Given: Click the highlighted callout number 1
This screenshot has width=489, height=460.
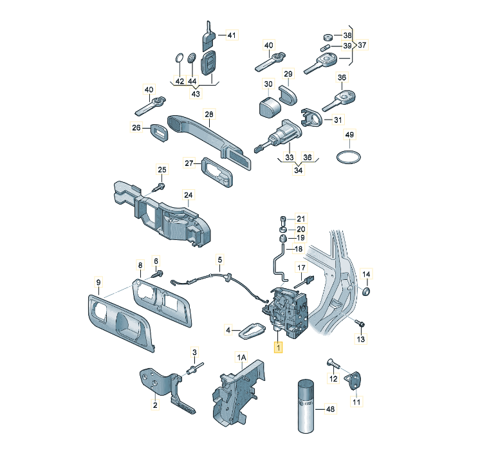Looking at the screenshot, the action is click(x=278, y=347).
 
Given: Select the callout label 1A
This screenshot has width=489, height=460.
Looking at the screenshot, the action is click(x=242, y=357).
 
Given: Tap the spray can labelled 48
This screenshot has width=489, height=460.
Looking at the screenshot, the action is click(x=306, y=406).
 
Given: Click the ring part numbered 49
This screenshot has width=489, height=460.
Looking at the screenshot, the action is click(x=349, y=157).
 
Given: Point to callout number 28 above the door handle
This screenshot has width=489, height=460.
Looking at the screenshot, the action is click(x=209, y=115).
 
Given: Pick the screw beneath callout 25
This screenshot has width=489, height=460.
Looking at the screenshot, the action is click(x=159, y=188).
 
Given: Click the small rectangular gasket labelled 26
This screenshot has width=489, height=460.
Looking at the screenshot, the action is click(x=160, y=133).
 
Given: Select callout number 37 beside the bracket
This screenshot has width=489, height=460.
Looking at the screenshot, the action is click(x=362, y=45).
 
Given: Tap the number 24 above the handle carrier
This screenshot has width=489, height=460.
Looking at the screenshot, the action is click(x=189, y=195).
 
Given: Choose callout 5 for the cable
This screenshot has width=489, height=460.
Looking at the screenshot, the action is click(x=220, y=259).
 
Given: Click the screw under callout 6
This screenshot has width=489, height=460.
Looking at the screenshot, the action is click(x=158, y=274).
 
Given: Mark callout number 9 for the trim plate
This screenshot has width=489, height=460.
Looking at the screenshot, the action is click(x=98, y=282).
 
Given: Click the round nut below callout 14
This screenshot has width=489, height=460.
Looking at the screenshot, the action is click(x=366, y=291).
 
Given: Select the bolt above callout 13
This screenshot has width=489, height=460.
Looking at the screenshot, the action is click(x=360, y=323).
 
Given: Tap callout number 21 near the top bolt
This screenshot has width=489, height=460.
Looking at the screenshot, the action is click(x=300, y=219).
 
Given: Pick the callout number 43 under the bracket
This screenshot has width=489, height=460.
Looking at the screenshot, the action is click(x=196, y=93).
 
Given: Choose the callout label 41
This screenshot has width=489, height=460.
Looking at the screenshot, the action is click(x=232, y=35).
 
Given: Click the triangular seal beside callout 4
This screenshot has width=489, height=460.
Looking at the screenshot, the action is click(x=252, y=331).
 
